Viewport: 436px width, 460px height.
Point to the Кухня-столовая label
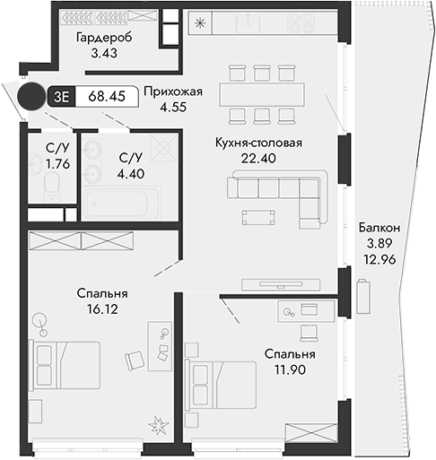coord(257,143)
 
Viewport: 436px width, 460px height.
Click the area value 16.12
coord(101,308)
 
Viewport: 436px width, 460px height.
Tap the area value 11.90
coord(289,370)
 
